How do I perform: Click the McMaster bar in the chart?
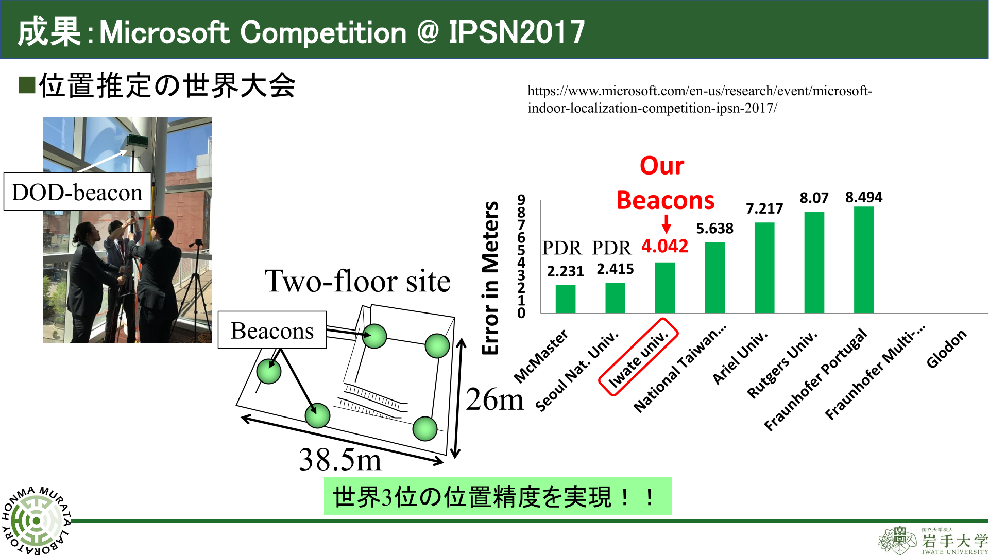click(x=565, y=299)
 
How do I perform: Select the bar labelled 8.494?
click(x=864, y=259)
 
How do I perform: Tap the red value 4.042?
click(x=664, y=246)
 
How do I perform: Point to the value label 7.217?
click(x=764, y=208)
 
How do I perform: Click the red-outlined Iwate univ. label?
click(x=638, y=357)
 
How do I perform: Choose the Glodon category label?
click(x=946, y=349)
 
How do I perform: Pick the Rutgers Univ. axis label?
click(x=782, y=364)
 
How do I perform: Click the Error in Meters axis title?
click(x=490, y=278)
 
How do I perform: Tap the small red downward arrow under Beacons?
click(x=666, y=224)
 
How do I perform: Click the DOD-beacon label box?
click(x=77, y=192)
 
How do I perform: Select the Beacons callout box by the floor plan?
click(x=272, y=330)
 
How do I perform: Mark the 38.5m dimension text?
click(x=340, y=459)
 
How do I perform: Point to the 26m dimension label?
click(x=494, y=399)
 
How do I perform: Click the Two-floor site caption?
click(x=357, y=281)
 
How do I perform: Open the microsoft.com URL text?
click(x=700, y=99)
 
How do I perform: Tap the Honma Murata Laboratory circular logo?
click(x=36, y=520)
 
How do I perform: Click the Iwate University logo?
click(x=933, y=541)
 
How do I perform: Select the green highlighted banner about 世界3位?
click(x=498, y=496)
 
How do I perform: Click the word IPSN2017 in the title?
click(x=517, y=32)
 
